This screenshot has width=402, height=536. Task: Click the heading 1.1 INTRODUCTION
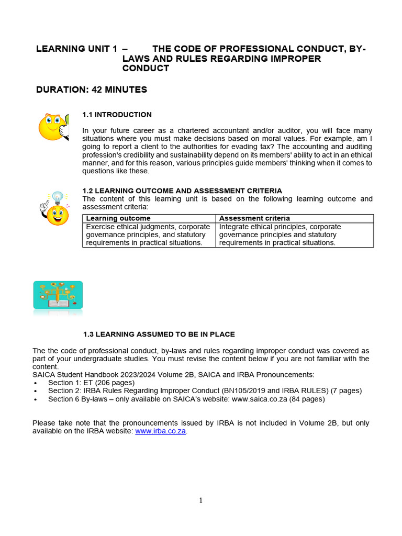pos(117,115)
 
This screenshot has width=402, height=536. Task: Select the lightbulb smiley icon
pos(54,208)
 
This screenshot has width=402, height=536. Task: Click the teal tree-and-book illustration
pos(58,295)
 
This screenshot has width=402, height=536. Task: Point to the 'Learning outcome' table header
pos(118,218)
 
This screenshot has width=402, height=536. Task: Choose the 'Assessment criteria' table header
pos(254,218)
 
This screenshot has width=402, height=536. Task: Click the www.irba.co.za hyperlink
pos(161,431)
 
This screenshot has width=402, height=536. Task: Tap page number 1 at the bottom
pos(200,500)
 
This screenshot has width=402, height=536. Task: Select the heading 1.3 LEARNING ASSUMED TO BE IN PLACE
pos(159,334)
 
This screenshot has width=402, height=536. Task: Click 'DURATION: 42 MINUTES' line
pos(92,90)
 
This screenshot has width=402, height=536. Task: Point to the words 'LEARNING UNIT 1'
pos(76,49)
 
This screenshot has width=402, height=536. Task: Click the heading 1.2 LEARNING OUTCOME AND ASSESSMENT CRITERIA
pos(182,191)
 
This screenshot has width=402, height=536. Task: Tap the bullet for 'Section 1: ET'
pos(35,383)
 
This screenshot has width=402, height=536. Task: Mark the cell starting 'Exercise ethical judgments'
pos(149,234)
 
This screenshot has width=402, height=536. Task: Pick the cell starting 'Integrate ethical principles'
pos(280,234)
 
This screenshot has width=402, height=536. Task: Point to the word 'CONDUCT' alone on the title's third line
pos(146,68)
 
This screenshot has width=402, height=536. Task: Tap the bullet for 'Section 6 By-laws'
pos(35,399)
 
